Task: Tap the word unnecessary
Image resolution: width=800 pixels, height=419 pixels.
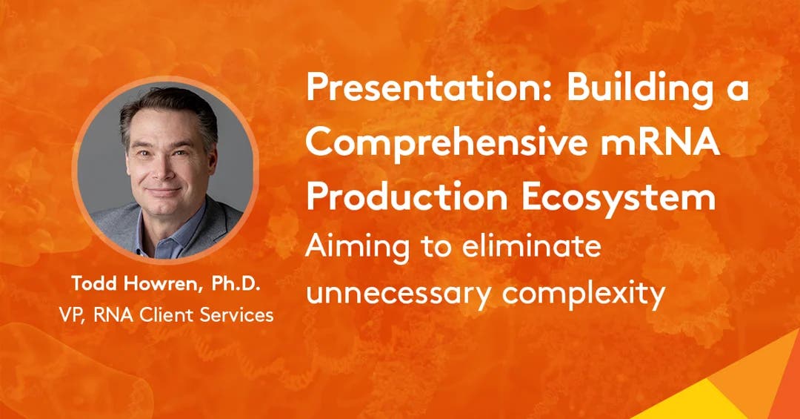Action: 398,293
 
